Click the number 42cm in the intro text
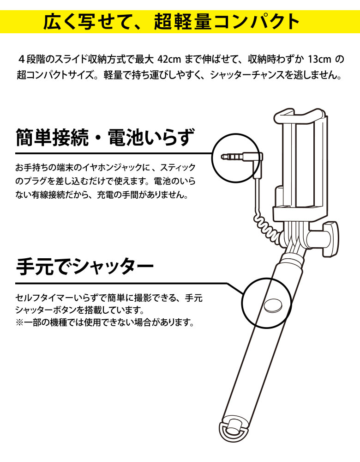pyautogui.click(x=169, y=60)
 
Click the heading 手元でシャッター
pyautogui.click(x=85, y=267)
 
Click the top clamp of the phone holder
pyautogui.click(x=298, y=115)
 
